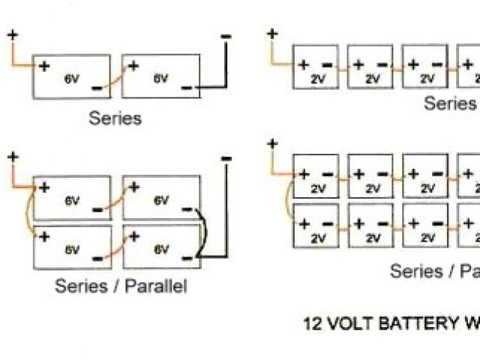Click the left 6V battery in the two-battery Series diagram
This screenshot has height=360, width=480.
[x=71, y=76]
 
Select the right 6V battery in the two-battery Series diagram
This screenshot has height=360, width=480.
[x=160, y=76]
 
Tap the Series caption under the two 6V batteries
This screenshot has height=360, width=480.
[x=115, y=118]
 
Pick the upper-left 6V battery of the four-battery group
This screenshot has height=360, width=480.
[x=71, y=198]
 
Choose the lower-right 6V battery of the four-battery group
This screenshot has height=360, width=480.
[x=160, y=246]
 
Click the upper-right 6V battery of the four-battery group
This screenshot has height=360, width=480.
[x=160, y=198]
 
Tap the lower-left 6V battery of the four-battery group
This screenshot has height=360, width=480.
[x=71, y=246]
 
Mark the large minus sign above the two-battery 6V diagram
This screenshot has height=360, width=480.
[x=225, y=35]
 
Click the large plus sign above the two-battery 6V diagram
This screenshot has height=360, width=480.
[x=13, y=34]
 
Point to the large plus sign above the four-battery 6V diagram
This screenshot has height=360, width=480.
[x=13, y=157]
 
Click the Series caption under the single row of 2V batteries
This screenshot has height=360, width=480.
[x=449, y=103]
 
